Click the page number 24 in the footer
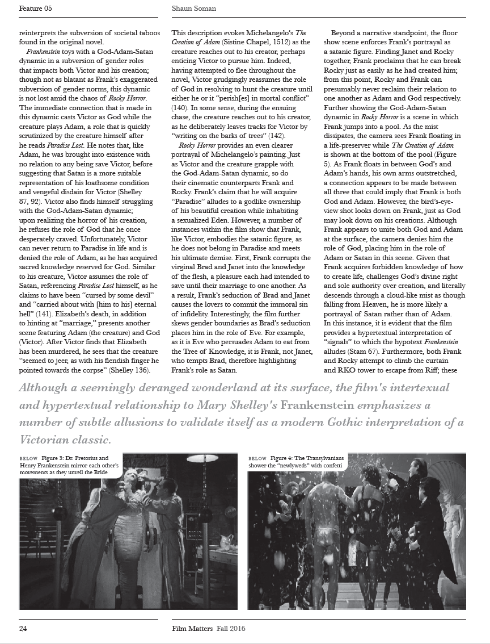(x=23, y=628)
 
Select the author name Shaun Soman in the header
(x=194, y=9)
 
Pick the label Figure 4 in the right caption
(x=285, y=458)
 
